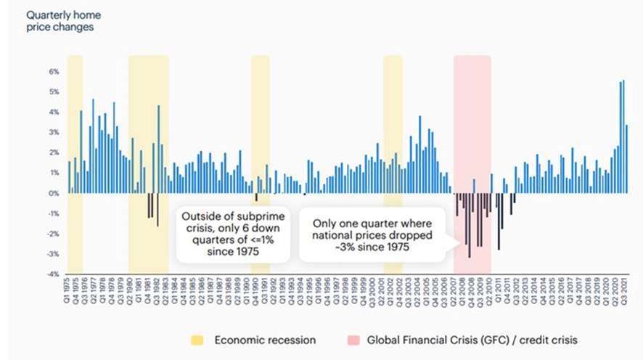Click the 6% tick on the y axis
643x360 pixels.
coord(53,72)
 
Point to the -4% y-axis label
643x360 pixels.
coord(52,274)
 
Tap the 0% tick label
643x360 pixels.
coord(53,194)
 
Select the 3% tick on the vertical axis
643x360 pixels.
coord(53,133)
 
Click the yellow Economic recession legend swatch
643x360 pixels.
coord(196,340)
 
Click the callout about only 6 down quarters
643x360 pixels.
coord(233,233)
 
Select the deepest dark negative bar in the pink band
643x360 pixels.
coord(470,225)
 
